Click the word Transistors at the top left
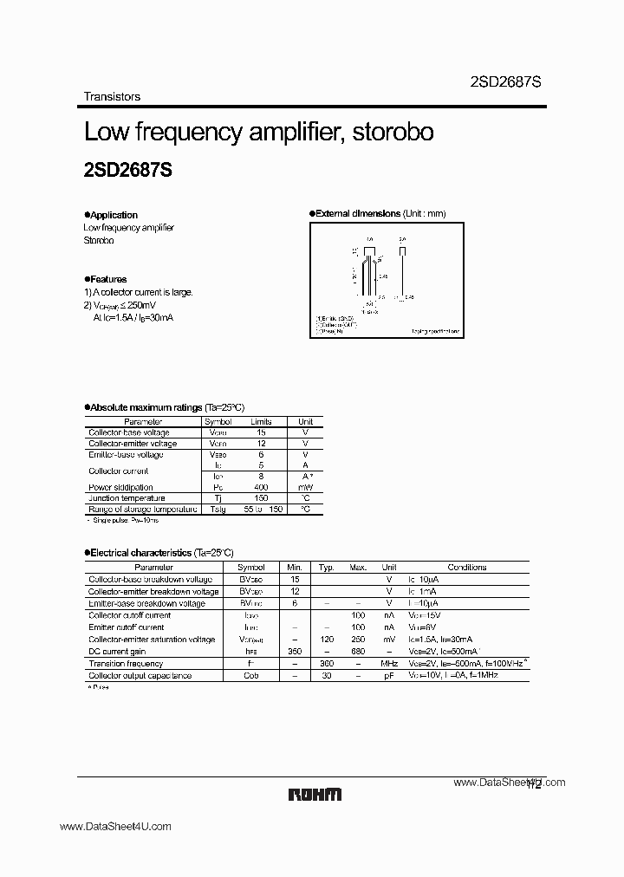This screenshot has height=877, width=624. click(x=112, y=97)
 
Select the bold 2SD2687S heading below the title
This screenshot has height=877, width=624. click(x=127, y=171)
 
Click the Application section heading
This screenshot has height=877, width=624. click(x=113, y=215)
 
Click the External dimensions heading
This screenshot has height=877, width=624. click(x=359, y=213)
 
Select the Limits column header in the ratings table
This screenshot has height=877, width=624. click(x=261, y=421)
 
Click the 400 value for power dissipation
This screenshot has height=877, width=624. click(x=261, y=487)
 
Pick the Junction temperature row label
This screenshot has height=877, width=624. click(x=127, y=498)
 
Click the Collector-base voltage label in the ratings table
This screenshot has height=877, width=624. click(x=129, y=432)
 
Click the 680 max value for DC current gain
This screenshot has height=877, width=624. click(x=358, y=651)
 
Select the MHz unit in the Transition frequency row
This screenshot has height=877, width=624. click(x=389, y=663)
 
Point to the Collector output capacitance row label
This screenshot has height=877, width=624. click(x=140, y=675)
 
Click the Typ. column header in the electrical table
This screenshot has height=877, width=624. click(x=326, y=567)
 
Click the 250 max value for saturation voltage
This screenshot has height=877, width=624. click(x=358, y=640)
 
